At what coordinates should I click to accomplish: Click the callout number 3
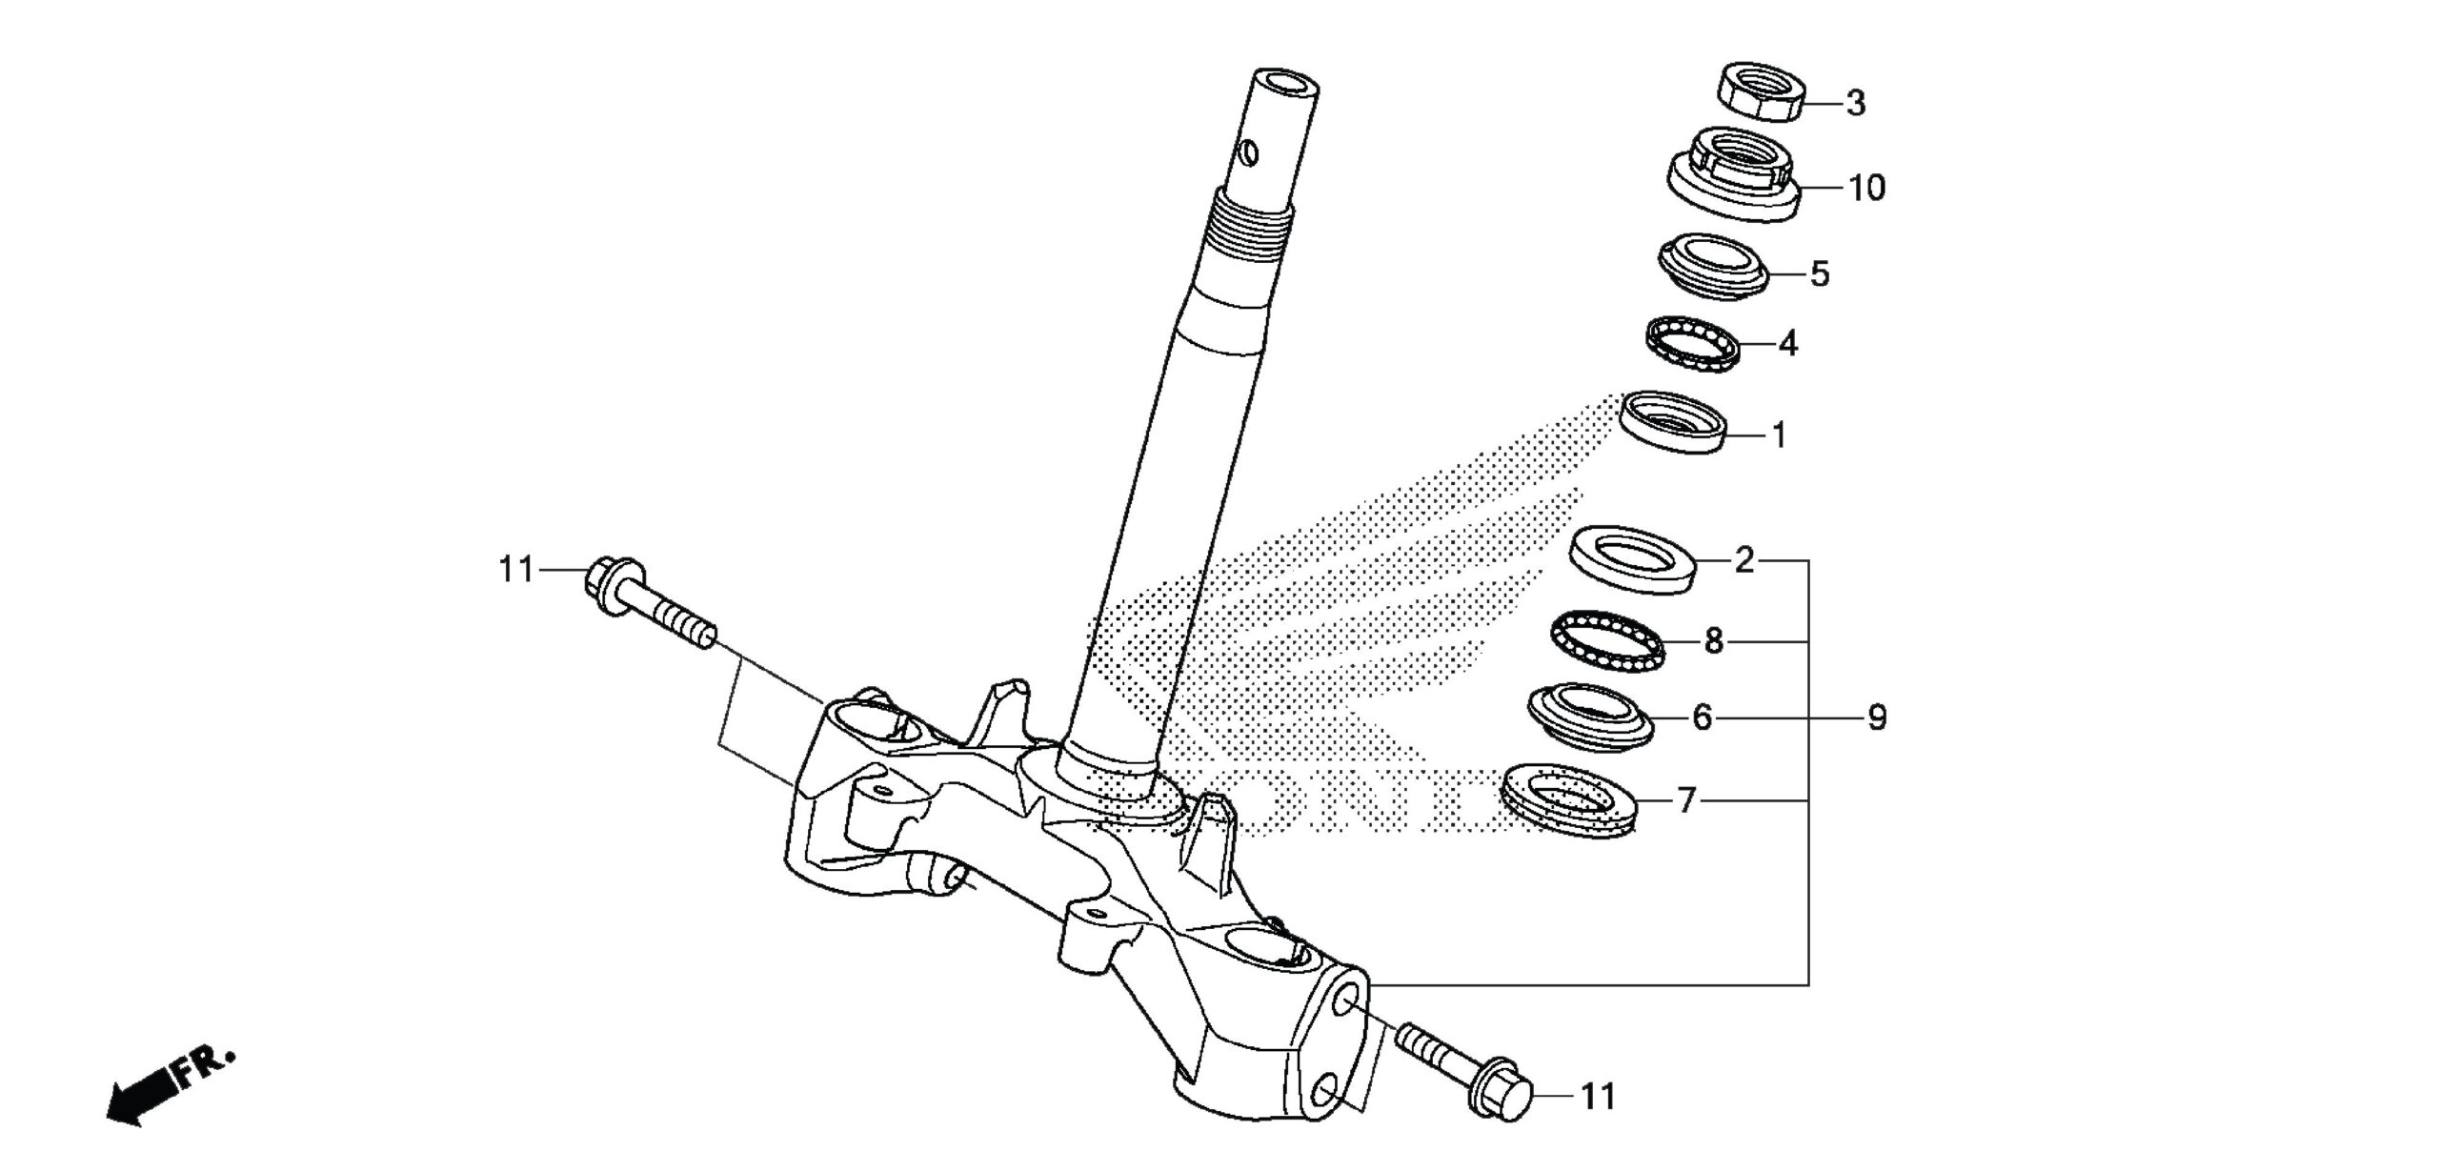1855,104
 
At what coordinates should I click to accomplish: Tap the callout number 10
1866,188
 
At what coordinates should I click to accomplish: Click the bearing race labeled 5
1713,268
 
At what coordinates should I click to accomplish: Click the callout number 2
1744,560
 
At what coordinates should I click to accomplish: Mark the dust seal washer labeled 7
1568,800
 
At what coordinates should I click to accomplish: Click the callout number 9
1876,717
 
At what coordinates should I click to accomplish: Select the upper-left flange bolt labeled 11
648,602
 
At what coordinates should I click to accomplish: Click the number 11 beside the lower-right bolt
1598,1097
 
